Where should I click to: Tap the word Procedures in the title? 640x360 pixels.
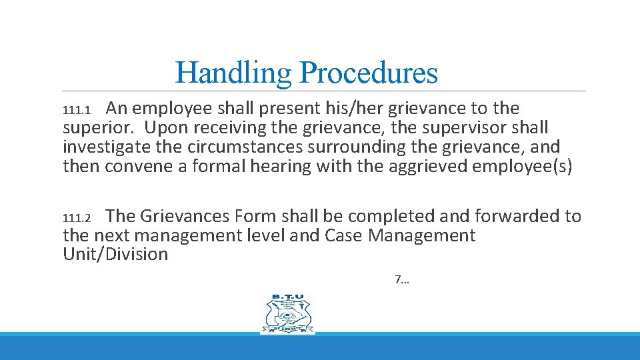click(x=369, y=73)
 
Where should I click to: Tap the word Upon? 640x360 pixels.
click(x=167, y=127)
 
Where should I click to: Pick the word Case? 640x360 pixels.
click(x=344, y=236)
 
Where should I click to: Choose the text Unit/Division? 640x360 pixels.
click(x=115, y=255)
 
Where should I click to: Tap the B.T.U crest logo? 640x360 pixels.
click(x=287, y=313)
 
